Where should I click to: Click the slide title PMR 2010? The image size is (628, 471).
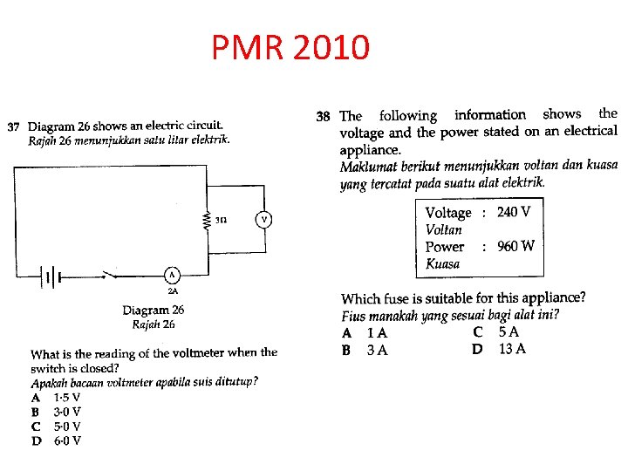click(290, 47)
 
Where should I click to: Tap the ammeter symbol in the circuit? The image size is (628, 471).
click(172, 276)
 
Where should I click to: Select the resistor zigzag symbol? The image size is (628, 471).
click(208, 220)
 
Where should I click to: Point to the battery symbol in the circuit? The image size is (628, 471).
click(51, 276)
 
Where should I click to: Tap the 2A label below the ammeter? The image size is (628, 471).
click(173, 291)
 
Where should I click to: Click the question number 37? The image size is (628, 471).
click(14, 127)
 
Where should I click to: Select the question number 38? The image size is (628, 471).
click(323, 116)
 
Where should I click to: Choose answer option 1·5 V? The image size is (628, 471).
click(67, 397)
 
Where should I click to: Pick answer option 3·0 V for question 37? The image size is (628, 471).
click(67, 412)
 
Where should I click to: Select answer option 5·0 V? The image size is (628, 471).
click(67, 427)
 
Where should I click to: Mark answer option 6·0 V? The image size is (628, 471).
click(67, 441)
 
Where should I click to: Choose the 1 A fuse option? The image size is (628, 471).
click(377, 333)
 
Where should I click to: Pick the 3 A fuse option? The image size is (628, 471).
click(377, 350)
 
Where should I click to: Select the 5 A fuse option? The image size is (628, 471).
click(509, 332)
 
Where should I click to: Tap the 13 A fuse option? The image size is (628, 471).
click(511, 349)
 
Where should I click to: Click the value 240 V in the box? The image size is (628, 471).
click(514, 212)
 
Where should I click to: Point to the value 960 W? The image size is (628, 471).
click(515, 246)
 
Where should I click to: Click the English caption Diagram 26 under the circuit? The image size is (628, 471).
click(154, 310)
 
